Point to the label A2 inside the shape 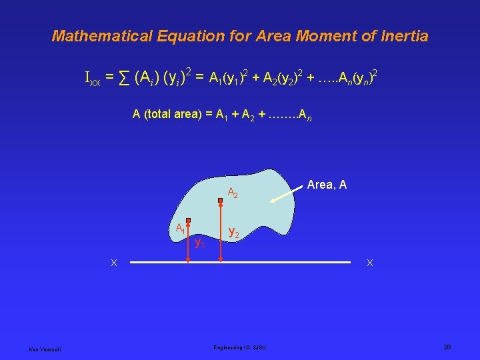tap(233, 193)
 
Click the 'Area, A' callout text tap(327, 185)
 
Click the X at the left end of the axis tap(114, 263)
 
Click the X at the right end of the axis tap(370, 263)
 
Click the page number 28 tap(447, 347)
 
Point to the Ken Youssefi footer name tap(43, 349)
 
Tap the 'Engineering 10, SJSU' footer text tap(239, 347)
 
